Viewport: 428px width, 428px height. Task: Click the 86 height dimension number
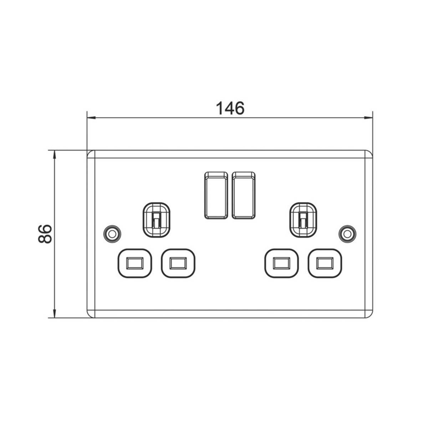coord(45,234)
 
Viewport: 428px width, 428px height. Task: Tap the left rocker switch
coord(216,195)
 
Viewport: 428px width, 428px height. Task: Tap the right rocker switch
coord(244,195)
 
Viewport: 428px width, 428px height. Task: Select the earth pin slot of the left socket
coord(156,220)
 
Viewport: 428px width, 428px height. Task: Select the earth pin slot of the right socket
coord(303,220)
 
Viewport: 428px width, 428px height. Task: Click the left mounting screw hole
coord(112,234)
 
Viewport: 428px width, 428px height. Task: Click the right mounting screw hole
coord(347,234)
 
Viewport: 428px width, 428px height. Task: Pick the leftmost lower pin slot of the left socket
coord(134,263)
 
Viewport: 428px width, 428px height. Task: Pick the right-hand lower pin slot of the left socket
coord(178,263)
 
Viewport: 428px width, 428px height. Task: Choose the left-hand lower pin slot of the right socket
coord(281,263)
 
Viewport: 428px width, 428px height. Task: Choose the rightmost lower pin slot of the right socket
coord(325,263)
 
